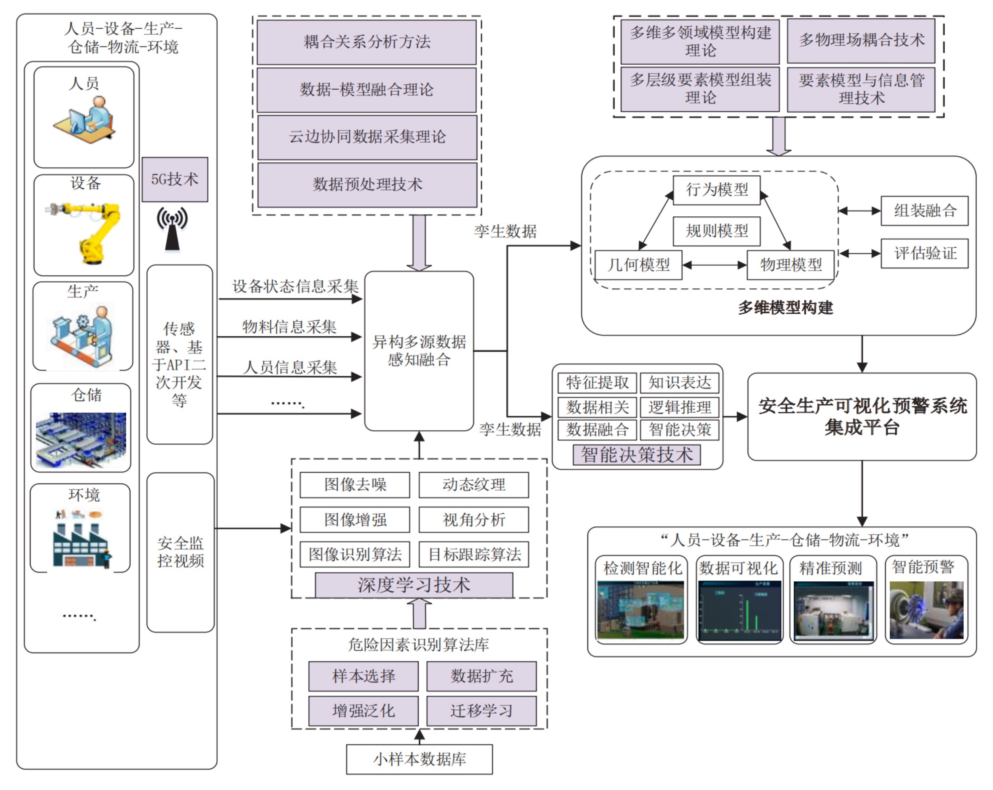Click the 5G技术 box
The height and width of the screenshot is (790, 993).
point(174,179)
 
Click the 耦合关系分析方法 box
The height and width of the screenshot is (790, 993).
point(367,42)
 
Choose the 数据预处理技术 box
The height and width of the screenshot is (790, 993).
point(367,185)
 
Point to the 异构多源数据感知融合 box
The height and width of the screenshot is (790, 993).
point(419,351)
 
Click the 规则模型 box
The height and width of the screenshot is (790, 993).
point(716,231)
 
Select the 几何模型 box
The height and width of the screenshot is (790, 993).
point(638,265)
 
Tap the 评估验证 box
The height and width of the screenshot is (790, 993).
point(924,253)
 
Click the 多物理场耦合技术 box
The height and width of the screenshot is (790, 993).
point(861,41)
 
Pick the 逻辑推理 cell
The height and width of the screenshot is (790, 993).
point(679,408)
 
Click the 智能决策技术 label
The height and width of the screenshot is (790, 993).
point(637,455)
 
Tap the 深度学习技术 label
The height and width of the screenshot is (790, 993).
point(413,585)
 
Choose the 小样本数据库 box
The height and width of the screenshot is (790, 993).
point(419,759)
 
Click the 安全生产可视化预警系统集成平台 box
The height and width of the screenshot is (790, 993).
point(862,416)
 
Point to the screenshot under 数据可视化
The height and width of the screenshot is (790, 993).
point(739,611)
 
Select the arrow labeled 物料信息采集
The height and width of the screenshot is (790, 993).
point(289,337)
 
